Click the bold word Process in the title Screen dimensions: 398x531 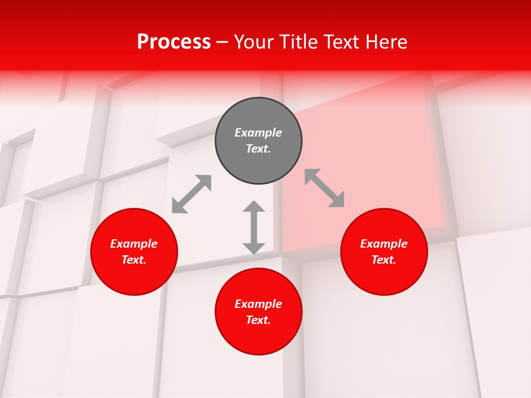coord(174,42)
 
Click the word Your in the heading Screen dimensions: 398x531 coord(254,42)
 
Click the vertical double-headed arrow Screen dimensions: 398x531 coord(254,227)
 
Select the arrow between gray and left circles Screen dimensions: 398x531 coord(191,194)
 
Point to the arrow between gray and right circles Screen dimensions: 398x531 coord(325,188)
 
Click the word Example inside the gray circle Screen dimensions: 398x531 coord(258,133)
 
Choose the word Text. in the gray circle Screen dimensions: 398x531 coord(258,149)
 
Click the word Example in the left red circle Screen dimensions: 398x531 coord(134,244)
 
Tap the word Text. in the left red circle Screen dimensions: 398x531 coord(134,260)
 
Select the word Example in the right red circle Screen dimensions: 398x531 coord(384,244)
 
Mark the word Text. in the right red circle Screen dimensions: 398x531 coord(384,260)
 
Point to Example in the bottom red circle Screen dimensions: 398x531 coord(258,304)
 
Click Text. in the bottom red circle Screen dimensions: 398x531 coord(258,320)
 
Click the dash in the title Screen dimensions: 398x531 coord(222,43)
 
